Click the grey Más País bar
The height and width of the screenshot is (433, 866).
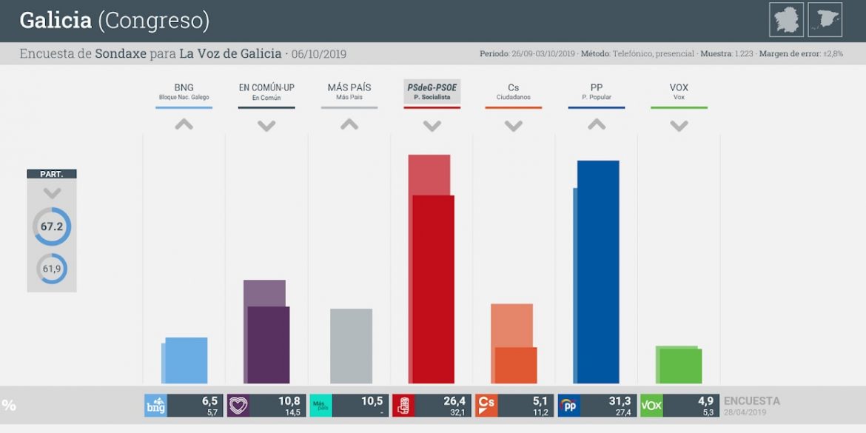pos(351,346)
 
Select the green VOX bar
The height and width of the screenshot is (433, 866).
pos(680,366)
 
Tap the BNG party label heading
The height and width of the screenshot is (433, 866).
pos(184,87)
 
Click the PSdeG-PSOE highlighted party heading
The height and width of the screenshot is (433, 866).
pos(432,87)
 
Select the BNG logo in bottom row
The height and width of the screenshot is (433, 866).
pos(155,406)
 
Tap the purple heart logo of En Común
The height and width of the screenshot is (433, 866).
pos(238,406)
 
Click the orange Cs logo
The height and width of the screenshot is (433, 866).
pos(486,406)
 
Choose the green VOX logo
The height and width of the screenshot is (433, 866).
pos(651,406)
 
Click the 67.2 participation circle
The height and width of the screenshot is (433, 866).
pos(52,226)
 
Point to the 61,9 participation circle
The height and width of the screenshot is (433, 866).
pos(52,269)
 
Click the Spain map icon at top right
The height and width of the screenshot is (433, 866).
pos(825,19)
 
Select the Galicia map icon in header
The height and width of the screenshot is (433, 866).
pos(786,19)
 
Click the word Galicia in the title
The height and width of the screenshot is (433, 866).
pos(56,21)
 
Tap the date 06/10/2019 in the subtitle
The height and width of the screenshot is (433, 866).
pos(319,54)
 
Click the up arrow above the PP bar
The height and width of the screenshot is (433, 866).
pos(597,124)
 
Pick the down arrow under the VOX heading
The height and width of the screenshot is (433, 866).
pos(679,126)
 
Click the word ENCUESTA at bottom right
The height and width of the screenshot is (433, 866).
pos(751,400)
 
